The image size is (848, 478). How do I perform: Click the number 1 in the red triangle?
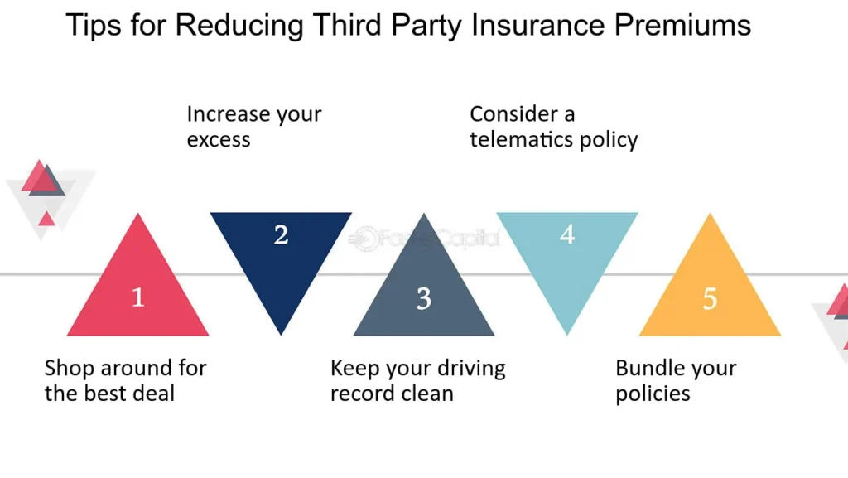pyautogui.click(x=138, y=297)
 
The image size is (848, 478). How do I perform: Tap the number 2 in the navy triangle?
pyautogui.click(x=282, y=234)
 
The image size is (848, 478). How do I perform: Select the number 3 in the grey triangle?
pyautogui.click(x=424, y=298)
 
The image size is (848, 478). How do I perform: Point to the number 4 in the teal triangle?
pyautogui.click(x=567, y=234)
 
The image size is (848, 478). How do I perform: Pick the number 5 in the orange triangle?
pyautogui.click(x=710, y=298)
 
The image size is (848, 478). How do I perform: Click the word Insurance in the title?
pyautogui.click(x=537, y=25)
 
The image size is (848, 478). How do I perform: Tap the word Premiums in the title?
pyautogui.click(x=682, y=25)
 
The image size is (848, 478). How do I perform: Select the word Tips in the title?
pyautogui.click(x=93, y=26)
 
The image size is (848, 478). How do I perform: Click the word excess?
pyautogui.click(x=219, y=140)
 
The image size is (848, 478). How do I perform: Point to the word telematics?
pyautogui.click(x=522, y=139)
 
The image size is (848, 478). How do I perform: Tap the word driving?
pyautogui.click(x=471, y=369)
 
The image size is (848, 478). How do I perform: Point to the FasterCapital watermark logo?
pyautogui.click(x=424, y=238)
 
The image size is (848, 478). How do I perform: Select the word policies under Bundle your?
pyautogui.click(x=653, y=394)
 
